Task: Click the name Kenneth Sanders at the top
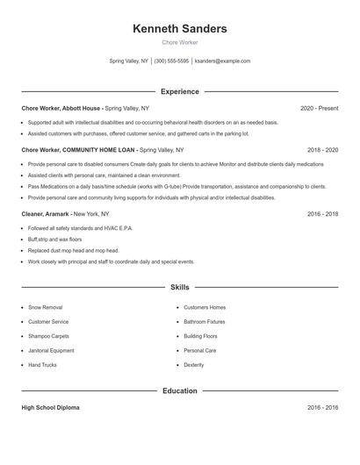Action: coord(179,29)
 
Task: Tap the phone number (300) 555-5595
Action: coord(171,61)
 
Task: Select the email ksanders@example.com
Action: coord(222,61)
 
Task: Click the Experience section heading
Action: coord(179,91)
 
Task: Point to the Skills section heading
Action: coord(179,287)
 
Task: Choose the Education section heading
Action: coord(179,390)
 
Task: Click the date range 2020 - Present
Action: coord(319,109)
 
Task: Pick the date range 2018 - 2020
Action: coord(322,150)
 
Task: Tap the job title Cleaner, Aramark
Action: coord(46,213)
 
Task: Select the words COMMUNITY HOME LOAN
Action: coord(98,150)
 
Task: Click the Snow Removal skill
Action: coord(45,308)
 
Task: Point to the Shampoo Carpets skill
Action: coord(48,336)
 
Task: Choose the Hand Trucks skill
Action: coord(42,364)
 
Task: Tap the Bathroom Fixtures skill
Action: coord(204,322)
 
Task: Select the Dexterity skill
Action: coord(193,364)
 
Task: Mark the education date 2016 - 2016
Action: coord(322,408)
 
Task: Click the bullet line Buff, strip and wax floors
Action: coord(54,239)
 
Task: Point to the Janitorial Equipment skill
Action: coord(51,350)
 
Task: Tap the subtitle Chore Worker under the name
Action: coord(179,42)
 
